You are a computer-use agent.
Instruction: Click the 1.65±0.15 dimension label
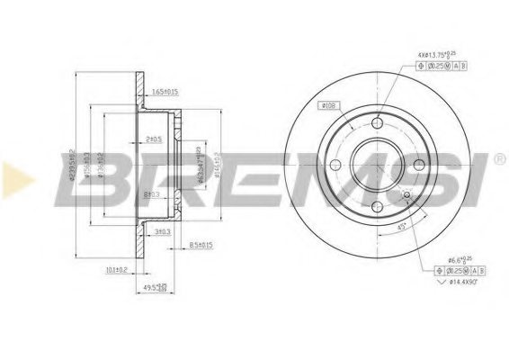pos(165,91)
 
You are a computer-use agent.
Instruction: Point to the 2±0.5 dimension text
pos(153,139)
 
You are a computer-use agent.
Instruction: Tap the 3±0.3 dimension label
pos(161,231)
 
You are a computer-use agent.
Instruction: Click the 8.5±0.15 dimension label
pos(200,245)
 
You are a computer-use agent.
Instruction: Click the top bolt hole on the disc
pos(377,124)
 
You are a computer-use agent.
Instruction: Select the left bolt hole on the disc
pos(335,164)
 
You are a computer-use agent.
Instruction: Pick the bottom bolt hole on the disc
pos(376,207)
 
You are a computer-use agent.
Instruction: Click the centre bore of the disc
pos(376,166)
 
